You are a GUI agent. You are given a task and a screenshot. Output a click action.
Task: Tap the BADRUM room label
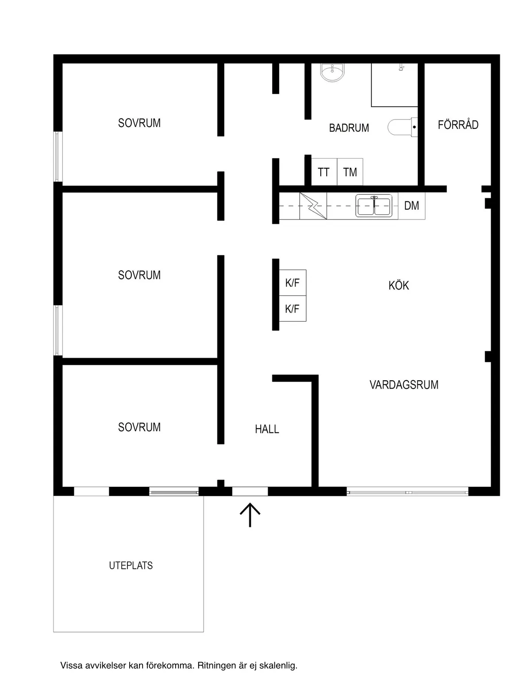click(349, 128)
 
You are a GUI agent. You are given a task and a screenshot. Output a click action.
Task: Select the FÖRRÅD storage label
click(458, 124)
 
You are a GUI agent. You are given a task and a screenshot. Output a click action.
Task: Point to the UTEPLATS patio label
click(131, 565)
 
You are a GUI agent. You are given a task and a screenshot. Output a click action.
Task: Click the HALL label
click(267, 429)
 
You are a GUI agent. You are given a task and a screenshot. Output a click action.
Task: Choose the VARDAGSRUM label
click(404, 385)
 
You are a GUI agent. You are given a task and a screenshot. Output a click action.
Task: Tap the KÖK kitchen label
click(399, 285)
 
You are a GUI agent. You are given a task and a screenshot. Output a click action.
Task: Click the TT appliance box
click(324, 172)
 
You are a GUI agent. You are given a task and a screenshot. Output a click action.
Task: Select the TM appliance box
click(350, 172)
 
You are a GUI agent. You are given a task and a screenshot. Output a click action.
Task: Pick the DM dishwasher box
click(412, 206)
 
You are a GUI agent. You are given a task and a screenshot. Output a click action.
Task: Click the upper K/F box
click(292, 282)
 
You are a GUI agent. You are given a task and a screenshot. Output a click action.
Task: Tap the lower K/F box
click(292, 309)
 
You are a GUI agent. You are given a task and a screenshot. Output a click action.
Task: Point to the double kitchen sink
click(374, 206)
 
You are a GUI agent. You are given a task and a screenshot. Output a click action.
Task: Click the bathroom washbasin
click(332, 72)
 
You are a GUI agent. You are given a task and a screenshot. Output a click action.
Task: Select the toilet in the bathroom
click(403, 127)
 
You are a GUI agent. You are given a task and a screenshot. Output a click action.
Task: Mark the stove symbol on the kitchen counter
click(313, 206)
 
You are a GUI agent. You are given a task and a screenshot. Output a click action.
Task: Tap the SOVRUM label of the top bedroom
click(139, 123)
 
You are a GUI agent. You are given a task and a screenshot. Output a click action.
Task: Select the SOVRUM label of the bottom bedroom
click(139, 427)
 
